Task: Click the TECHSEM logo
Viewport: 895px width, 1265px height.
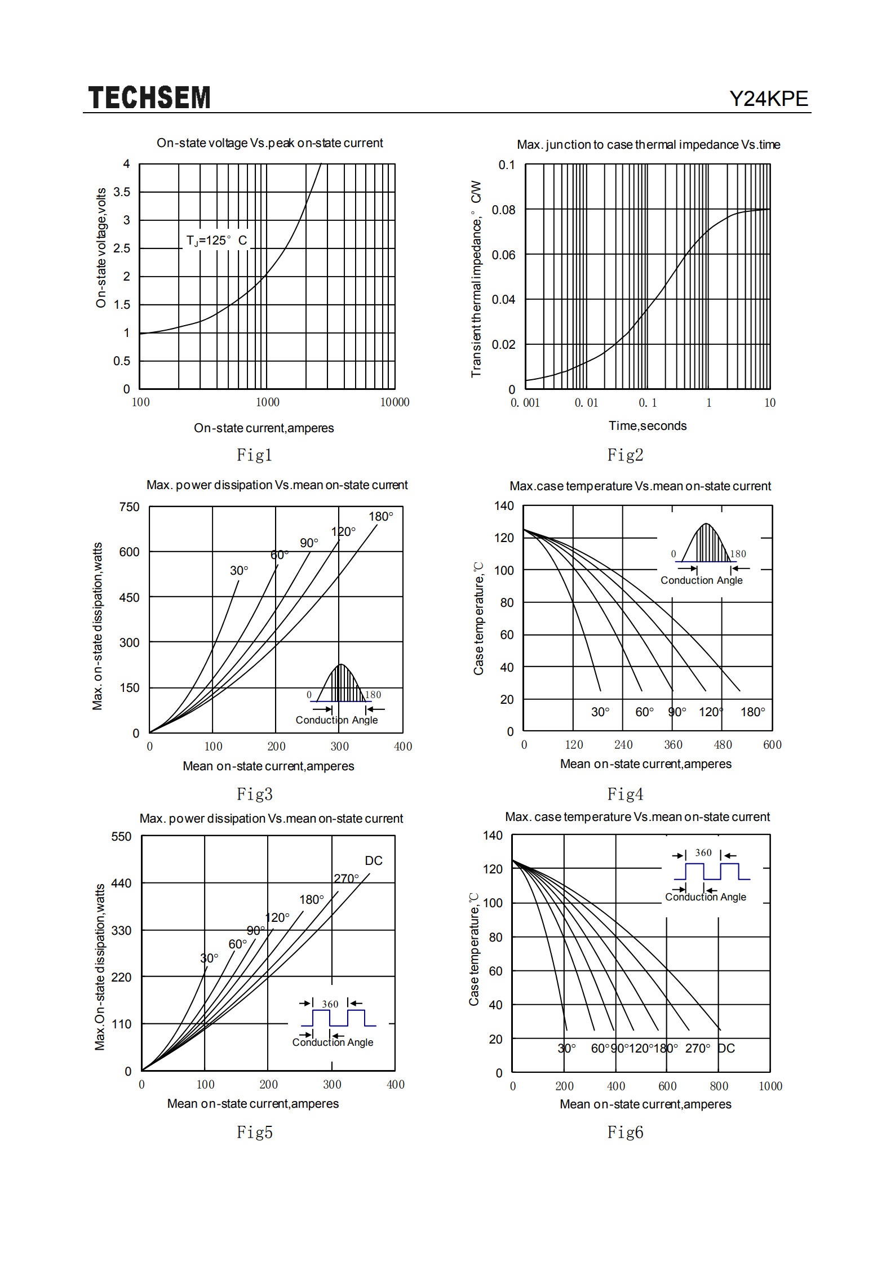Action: (x=149, y=97)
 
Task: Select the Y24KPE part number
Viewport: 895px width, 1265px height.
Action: (x=769, y=99)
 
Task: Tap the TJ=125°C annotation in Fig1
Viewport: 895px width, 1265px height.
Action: (x=217, y=241)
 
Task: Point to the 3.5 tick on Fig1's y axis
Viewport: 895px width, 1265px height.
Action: (x=122, y=192)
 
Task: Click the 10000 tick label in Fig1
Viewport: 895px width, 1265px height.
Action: (x=395, y=402)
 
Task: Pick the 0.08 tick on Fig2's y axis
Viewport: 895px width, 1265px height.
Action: (x=503, y=210)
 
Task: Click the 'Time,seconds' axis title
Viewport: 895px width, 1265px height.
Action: (x=648, y=426)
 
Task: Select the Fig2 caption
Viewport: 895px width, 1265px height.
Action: (x=625, y=455)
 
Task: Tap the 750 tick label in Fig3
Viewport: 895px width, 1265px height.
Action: (x=129, y=507)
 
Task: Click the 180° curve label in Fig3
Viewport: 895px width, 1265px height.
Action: (x=381, y=517)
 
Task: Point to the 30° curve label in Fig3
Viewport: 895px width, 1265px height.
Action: (x=239, y=571)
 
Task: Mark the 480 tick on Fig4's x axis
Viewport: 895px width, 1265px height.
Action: (x=723, y=745)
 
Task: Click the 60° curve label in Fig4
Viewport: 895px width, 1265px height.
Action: (x=645, y=712)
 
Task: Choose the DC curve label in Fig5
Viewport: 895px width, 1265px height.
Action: (x=374, y=861)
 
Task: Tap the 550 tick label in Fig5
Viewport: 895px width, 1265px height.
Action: (x=121, y=837)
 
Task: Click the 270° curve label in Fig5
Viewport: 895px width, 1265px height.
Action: (x=346, y=878)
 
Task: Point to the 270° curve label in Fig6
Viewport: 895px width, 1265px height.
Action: (x=698, y=1049)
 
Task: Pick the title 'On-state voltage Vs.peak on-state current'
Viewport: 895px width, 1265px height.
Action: (x=270, y=143)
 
